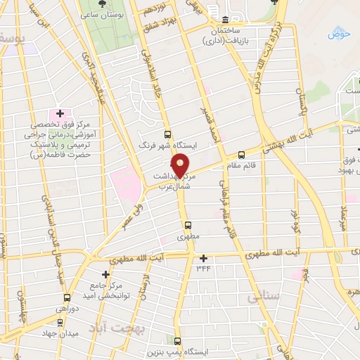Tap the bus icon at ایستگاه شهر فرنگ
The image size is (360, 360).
167,134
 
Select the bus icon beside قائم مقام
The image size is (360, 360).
241,155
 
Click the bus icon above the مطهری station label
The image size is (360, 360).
188,225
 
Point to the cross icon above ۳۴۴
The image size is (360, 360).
203,258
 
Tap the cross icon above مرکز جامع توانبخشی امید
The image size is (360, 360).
105,274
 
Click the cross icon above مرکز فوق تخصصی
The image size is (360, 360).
60,113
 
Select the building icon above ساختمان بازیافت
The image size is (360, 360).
224,20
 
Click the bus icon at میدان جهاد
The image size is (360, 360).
60,323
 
